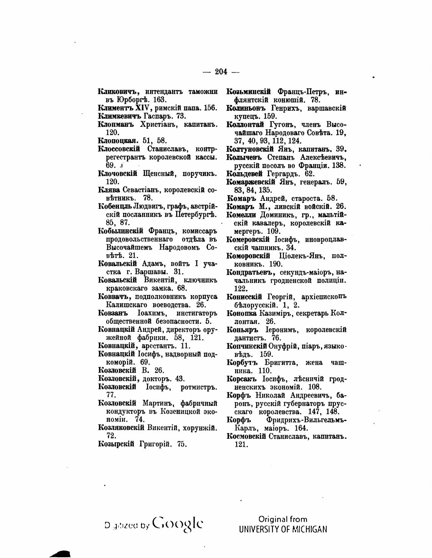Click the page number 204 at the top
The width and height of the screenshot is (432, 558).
pos(221,71)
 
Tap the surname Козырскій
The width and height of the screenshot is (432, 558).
pos(116,444)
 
